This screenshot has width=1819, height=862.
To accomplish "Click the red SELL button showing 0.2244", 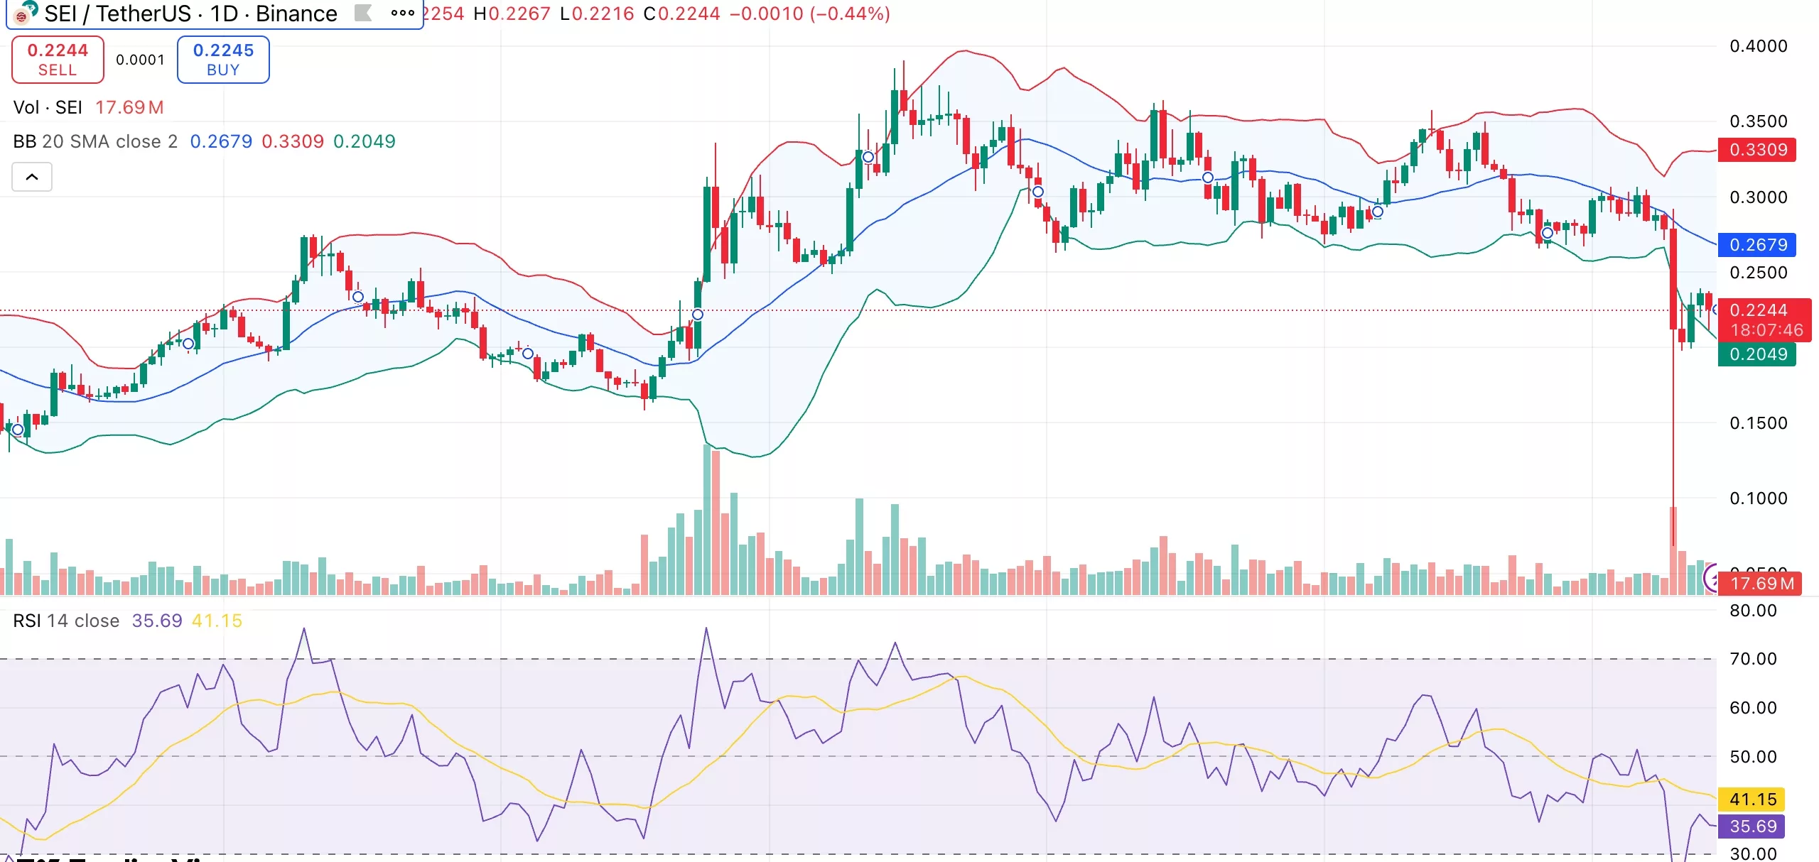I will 58,60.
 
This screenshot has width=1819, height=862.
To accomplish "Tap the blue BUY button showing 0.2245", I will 223,60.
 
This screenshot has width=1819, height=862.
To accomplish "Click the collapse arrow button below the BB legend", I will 32,177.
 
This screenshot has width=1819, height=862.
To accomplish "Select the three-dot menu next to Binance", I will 402,13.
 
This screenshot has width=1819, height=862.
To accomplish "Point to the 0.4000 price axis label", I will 1758,46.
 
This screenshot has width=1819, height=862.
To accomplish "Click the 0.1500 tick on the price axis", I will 1758,423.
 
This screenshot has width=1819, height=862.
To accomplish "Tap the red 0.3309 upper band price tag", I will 1758,150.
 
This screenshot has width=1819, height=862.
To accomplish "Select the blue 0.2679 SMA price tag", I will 1758,245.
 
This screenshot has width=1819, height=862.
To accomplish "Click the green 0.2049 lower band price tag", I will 1758,354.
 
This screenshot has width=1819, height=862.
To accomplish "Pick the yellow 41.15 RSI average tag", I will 1752,800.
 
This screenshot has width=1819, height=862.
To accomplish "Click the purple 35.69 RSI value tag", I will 1752,826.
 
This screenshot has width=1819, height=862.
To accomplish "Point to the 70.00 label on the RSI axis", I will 1752,659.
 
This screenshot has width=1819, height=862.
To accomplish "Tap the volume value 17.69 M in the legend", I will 129,107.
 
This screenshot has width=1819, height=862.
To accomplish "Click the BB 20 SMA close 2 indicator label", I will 95,141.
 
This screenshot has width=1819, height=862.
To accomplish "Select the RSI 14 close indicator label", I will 66,621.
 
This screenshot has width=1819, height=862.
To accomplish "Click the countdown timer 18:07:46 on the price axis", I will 1766,330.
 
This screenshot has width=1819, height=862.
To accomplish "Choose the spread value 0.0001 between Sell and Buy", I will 140,60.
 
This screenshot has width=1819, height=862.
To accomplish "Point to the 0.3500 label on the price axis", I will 1758,121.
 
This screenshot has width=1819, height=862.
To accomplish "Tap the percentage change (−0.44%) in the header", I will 850,13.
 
